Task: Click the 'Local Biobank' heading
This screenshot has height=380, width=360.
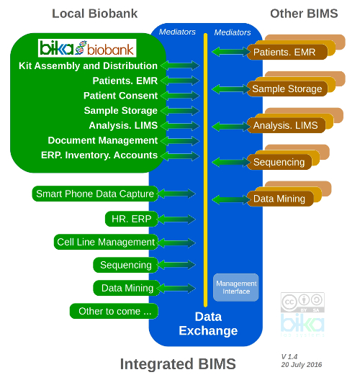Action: point(94,14)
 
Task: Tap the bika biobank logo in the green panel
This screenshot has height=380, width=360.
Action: point(87,48)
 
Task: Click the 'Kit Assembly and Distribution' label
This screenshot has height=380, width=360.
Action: point(88,65)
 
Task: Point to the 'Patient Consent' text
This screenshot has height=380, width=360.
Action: point(120,96)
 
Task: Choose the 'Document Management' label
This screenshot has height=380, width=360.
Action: point(102,140)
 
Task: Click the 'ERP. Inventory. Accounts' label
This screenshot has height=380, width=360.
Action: point(99,155)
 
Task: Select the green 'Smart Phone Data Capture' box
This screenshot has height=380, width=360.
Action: point(95,194)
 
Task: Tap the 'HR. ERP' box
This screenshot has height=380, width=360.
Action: point(127,218)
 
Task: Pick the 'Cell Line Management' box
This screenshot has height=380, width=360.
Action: point(106,243)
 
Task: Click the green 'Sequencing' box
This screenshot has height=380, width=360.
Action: point(125,265)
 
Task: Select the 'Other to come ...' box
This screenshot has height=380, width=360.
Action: point(114,312)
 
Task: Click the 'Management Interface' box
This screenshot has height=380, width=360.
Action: point(235,287)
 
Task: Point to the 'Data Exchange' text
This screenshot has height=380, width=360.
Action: point(208,324)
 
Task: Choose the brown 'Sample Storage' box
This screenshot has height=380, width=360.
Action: point(286,89)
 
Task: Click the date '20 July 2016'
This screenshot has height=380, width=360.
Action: point(302,365)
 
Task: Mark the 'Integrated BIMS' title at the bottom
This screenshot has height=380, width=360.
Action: point(178,364)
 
